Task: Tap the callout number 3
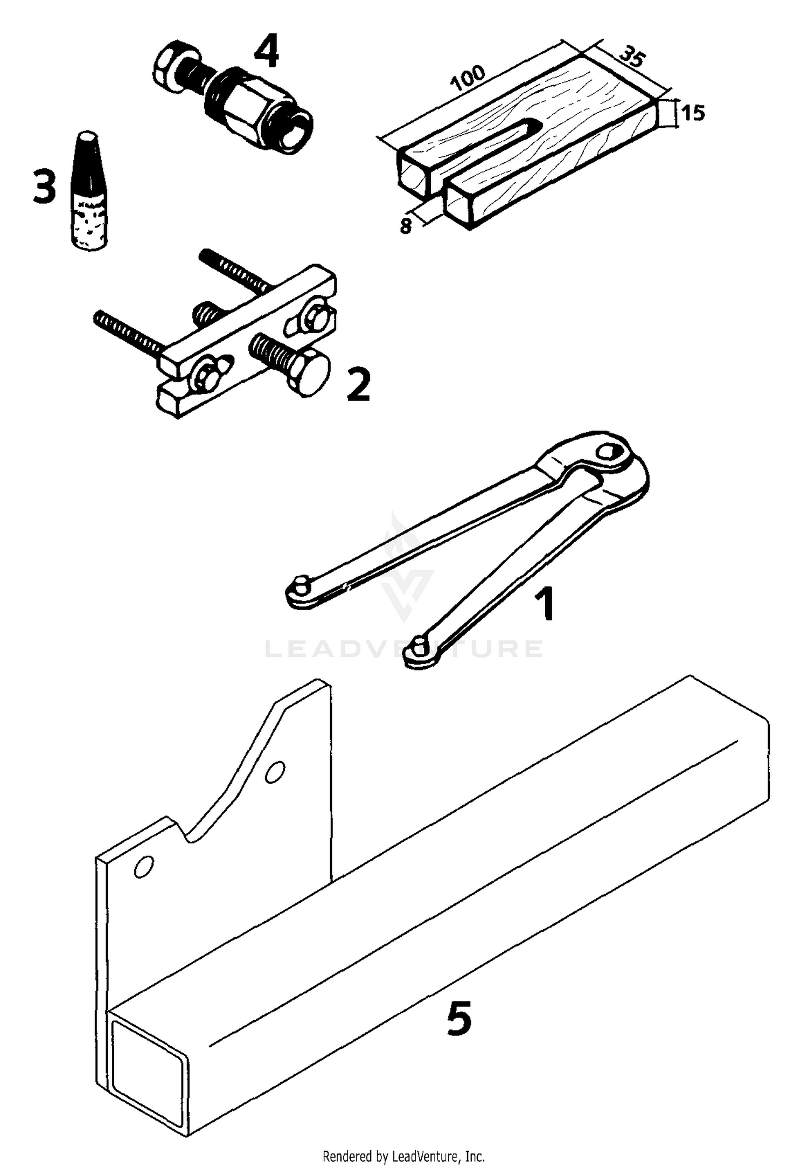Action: [x=44, y=186]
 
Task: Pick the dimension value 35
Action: [x=631, y=56]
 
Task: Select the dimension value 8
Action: [x=406, y=226]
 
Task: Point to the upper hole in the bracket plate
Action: [x=274, y=772]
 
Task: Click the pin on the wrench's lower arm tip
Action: [x=419, y=642]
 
